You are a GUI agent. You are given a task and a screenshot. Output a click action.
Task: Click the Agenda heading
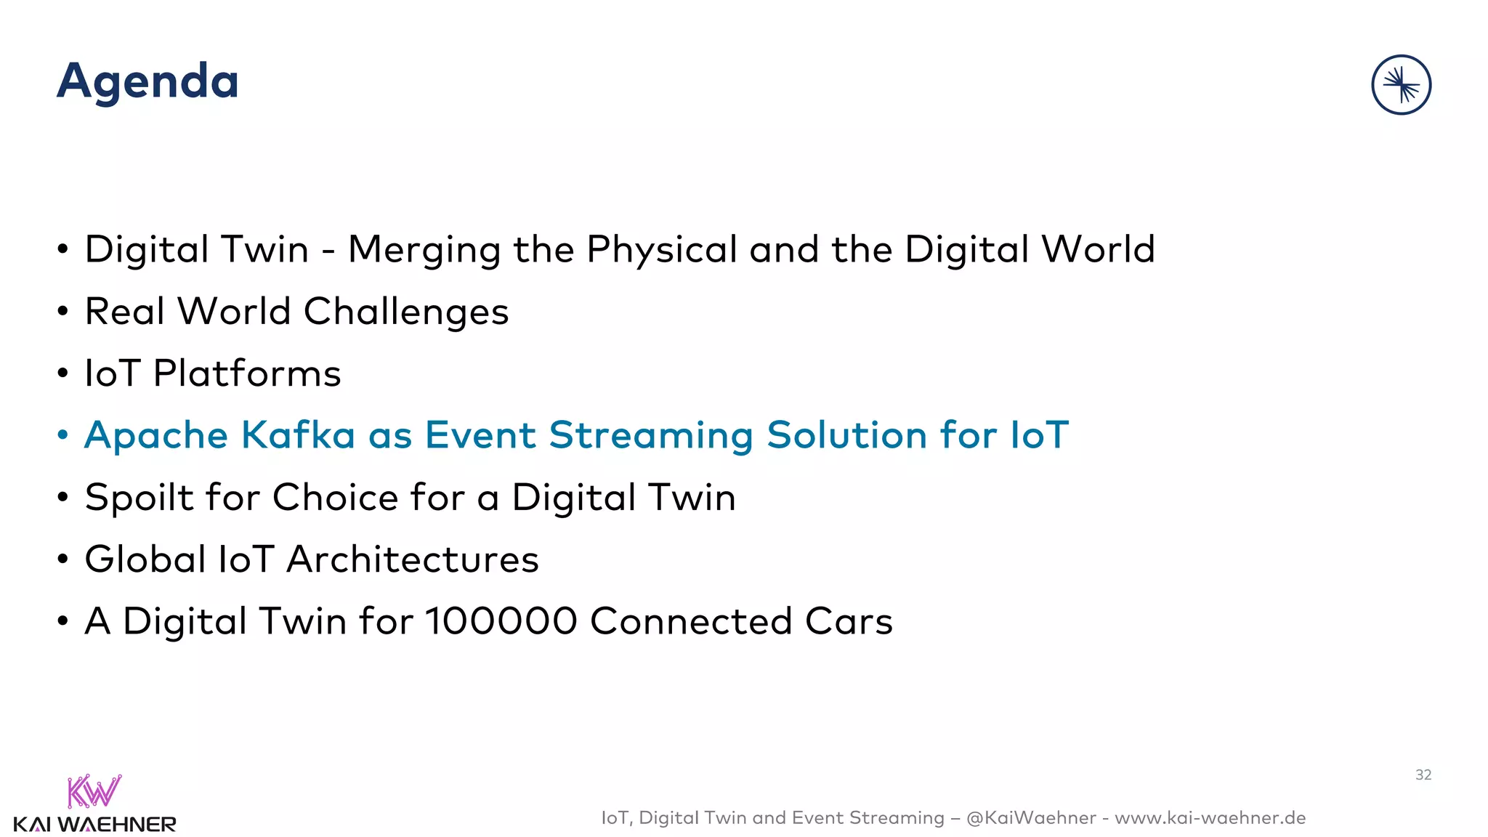[147, 81]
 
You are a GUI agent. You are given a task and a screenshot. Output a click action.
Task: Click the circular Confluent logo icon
[1401, 85]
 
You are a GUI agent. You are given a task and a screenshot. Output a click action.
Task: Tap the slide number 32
[1423, 775]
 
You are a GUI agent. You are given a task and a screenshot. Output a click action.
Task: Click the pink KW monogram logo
[94, 791]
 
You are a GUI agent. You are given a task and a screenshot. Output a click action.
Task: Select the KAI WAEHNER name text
[94, 825]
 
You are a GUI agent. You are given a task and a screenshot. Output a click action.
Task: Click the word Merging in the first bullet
[424, 251]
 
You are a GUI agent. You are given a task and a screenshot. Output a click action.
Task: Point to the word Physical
[662, 251]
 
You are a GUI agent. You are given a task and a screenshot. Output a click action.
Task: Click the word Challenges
[405, 312]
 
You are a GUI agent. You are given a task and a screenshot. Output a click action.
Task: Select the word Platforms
[247, 374]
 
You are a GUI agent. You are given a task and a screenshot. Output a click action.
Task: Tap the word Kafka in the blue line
[298, 436]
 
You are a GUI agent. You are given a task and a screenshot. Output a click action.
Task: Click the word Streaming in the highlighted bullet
[651, 436]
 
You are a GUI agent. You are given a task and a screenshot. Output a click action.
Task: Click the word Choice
[335, 498]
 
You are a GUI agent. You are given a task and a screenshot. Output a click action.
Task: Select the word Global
[145, 560]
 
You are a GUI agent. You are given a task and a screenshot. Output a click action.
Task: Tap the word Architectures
[413, 560]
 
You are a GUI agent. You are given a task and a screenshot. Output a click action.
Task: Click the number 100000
[501, 622]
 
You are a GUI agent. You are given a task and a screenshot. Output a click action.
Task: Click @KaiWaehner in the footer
[1031, 818]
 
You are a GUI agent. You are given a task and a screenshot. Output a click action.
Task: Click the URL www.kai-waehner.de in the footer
[1210, 818]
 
